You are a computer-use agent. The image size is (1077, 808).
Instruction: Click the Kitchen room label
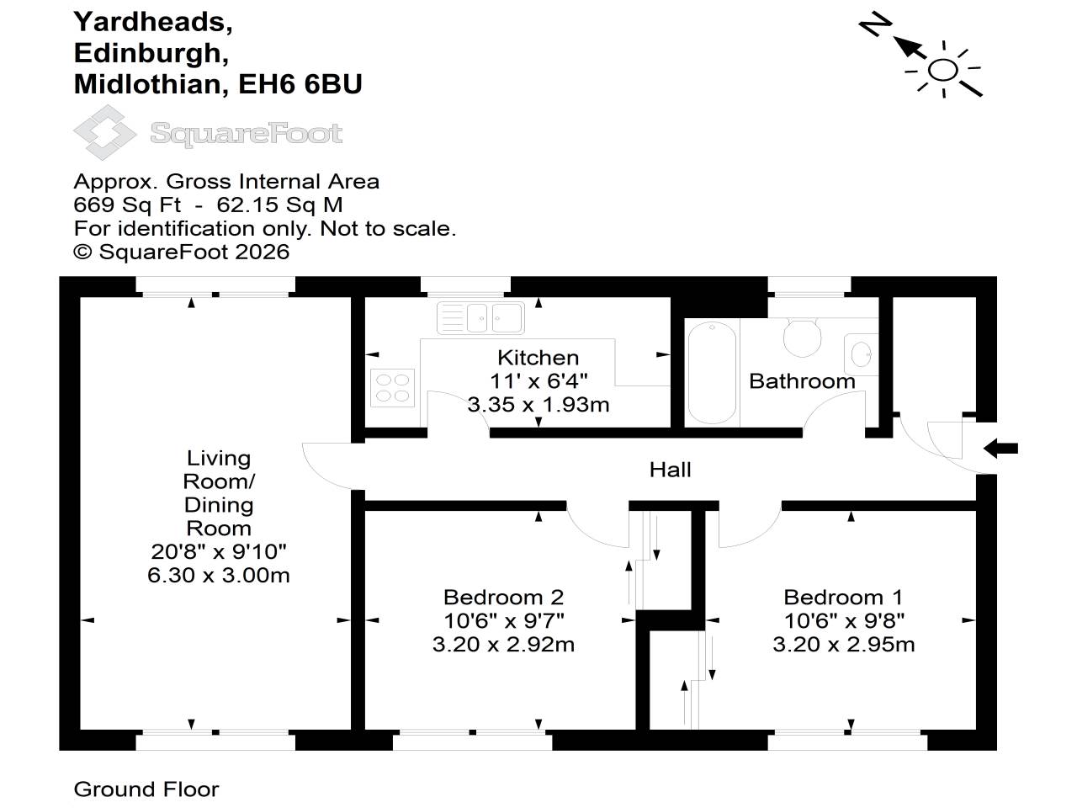click(538, 358)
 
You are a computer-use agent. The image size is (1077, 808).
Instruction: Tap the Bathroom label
click(802, 381)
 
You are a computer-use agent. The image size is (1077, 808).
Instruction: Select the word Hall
click(671, 470)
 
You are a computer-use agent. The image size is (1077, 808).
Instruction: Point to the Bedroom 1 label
click(843, 597)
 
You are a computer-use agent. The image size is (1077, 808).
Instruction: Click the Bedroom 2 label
click(503, 597)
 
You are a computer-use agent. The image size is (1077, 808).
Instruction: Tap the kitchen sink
click(480, 318)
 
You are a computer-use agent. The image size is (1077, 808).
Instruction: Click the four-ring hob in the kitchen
click(393, 387)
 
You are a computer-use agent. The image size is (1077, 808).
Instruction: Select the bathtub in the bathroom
click(712, 372)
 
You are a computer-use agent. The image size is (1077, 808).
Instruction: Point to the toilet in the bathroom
click(802, 337)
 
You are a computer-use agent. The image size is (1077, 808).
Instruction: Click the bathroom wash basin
click(861, 354)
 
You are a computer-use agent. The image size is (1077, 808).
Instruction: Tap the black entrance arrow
click(1000, 449)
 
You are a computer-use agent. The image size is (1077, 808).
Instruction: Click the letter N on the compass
click(875, 25)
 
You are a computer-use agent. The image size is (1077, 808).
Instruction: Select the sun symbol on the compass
click(943, 70)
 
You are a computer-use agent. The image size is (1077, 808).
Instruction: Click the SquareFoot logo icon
click(105, 132)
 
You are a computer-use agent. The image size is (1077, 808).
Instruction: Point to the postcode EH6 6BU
click(300, 84)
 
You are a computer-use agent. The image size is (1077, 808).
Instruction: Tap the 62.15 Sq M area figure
click(279, 205)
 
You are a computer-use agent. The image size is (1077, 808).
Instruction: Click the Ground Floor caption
click(146, 789)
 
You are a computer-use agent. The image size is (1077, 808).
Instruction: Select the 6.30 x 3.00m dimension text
click(218, 575)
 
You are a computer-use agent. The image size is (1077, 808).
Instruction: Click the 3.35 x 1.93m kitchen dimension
click(538, 405)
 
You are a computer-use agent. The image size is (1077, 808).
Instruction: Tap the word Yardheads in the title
click(153, 23)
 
